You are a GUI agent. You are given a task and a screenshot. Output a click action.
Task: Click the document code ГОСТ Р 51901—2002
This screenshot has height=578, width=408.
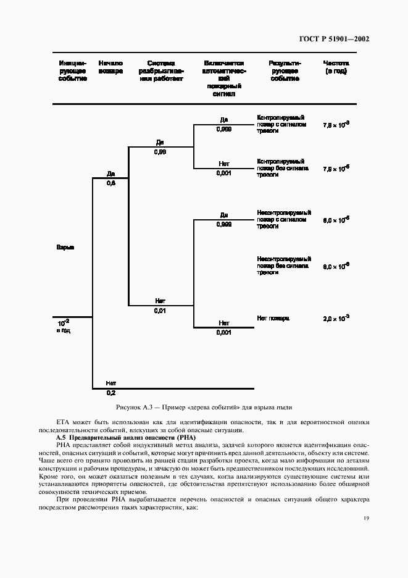pos(333,39)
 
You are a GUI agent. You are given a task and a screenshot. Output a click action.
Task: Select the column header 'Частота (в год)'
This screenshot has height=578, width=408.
pos(336,67)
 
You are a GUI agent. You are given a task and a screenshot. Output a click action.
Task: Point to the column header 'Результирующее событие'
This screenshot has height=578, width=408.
pos(285,71)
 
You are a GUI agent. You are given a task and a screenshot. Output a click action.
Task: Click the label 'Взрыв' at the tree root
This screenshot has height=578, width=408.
pos(65,248)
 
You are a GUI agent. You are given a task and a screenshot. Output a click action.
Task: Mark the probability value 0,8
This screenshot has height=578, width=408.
pos(111,183)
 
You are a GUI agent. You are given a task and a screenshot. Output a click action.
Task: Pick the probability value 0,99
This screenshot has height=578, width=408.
pos(160,151)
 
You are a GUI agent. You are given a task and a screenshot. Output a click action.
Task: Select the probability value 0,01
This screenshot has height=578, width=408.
pos(160,311)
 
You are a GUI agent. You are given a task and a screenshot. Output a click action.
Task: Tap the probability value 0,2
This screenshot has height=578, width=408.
pos(111,392)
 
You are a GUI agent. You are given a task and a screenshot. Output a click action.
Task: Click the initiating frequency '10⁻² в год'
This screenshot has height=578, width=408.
pos(64,326)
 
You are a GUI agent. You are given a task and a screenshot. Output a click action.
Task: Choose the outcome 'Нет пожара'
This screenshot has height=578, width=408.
pos(273,319)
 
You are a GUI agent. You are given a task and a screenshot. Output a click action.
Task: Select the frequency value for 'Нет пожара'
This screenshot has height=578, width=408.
pos(336,319)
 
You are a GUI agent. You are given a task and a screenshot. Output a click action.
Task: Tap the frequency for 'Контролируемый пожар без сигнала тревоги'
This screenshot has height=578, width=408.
pos(336,168)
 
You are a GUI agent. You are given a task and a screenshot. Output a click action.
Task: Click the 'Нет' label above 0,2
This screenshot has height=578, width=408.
pos(111,383)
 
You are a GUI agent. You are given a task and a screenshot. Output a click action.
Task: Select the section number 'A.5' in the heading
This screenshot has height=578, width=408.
pos(61,437)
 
